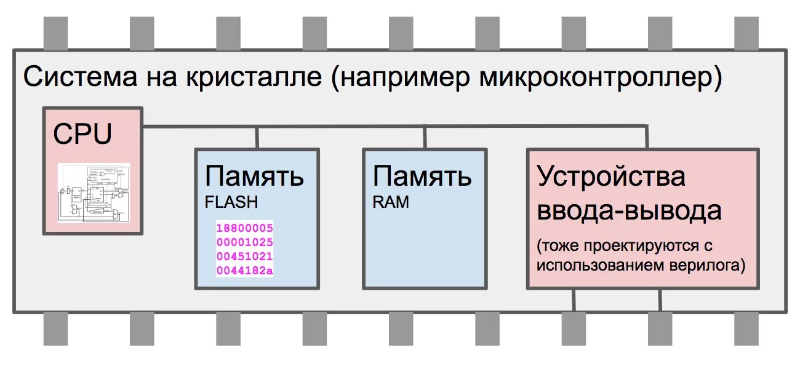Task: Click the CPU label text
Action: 82,135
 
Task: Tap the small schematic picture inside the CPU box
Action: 94,192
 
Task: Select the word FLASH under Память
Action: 231,202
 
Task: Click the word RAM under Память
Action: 390,202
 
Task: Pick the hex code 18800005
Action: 244,228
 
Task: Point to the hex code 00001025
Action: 244,242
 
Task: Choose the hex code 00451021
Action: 244,256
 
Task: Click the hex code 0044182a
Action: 244,271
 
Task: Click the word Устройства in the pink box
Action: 611,177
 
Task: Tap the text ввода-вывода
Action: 629,211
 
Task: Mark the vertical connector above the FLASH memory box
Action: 257,138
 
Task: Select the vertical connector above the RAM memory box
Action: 425,138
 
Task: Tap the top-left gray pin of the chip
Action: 55,33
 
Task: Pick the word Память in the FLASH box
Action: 254,177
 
